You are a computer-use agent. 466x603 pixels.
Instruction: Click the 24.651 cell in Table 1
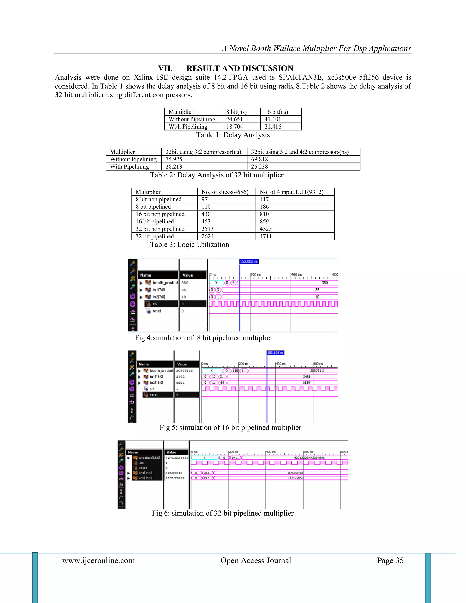point(234,119)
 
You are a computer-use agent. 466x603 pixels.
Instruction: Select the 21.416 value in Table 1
point(273,127)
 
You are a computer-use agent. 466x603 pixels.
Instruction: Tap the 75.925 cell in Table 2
point(174,159)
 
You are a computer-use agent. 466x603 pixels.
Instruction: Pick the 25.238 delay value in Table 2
point(259,167)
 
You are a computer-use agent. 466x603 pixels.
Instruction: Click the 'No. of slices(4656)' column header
point(225,192)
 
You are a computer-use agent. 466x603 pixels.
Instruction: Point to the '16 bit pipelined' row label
point(154,221)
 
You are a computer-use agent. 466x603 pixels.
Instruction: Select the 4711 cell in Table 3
point(266,236)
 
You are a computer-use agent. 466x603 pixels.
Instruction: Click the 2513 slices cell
point(207,229)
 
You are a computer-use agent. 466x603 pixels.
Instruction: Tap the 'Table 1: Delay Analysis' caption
point(233,135)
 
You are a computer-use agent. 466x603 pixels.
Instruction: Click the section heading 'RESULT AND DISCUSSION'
point(240,68)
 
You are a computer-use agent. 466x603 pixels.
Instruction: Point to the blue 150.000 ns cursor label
point(249,261)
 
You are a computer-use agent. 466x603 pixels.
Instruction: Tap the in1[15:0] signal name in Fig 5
point(156,377)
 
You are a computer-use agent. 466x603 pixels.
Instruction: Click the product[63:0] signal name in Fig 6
point(149,458)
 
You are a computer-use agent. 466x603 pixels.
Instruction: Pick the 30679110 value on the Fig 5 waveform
point(317,370)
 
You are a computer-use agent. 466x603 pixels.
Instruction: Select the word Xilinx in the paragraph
point(144,77)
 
